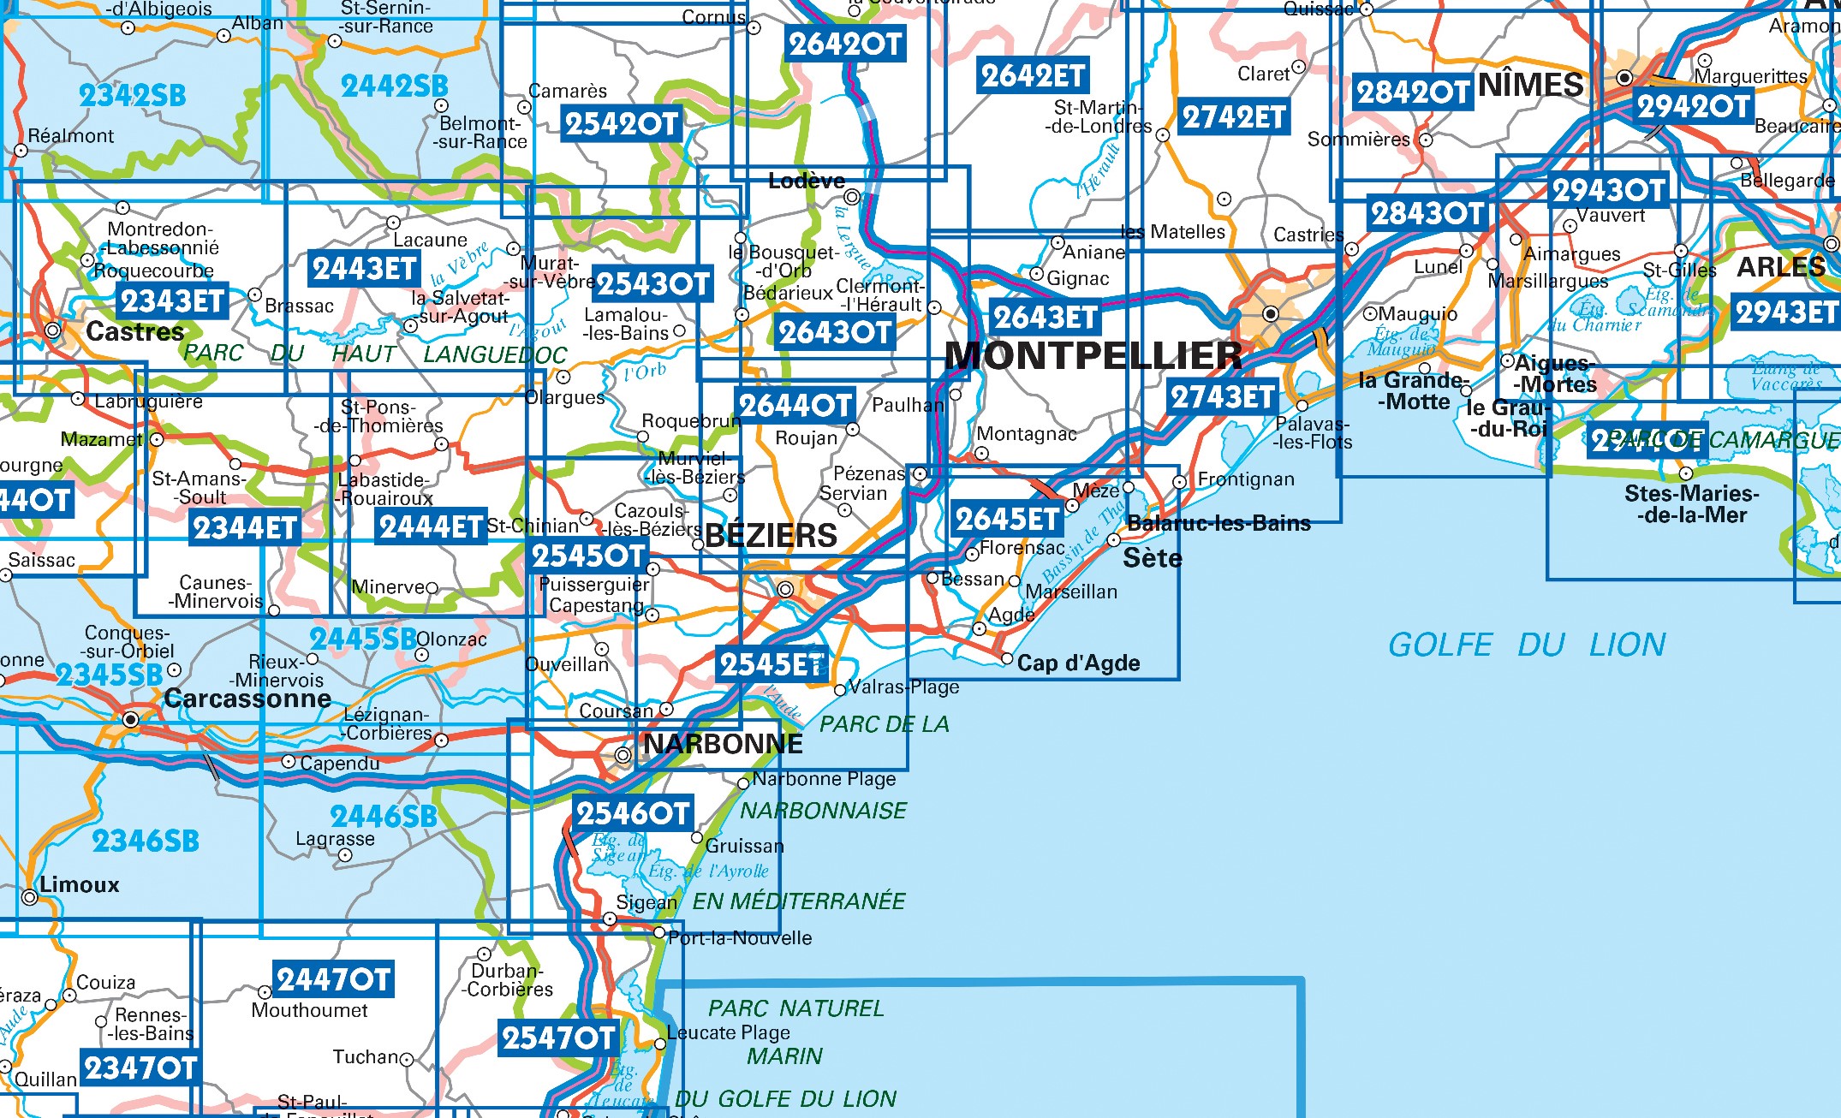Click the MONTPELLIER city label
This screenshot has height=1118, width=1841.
(1093, 356)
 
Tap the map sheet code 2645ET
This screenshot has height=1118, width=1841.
(1007, 519)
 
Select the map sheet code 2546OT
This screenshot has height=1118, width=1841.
(633, 813)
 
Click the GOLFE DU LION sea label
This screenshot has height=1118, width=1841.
(1526, 645)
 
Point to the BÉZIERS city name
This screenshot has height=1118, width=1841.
(771, 536)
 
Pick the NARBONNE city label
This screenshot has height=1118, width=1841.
(723, 744)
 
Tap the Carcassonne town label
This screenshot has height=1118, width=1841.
(247, 699)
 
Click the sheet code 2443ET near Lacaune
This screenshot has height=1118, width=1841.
(365, 269)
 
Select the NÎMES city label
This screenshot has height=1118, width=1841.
(1530, 85)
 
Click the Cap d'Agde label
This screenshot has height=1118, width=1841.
(1078, 663)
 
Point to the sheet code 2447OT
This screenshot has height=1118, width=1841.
(333, 978)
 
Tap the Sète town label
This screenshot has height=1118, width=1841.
(1152, 558)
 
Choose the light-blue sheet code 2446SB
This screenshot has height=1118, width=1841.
(384, 817)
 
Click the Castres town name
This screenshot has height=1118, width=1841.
(134, 332)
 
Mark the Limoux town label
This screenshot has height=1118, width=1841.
(79, 884)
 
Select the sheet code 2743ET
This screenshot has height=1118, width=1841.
(1223, 397)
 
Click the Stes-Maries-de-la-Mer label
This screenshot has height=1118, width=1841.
(1691, 504)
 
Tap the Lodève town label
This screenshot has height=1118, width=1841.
(806, 181)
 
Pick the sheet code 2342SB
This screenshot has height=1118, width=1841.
(132, 96)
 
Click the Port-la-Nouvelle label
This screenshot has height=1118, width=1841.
(739, 938)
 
